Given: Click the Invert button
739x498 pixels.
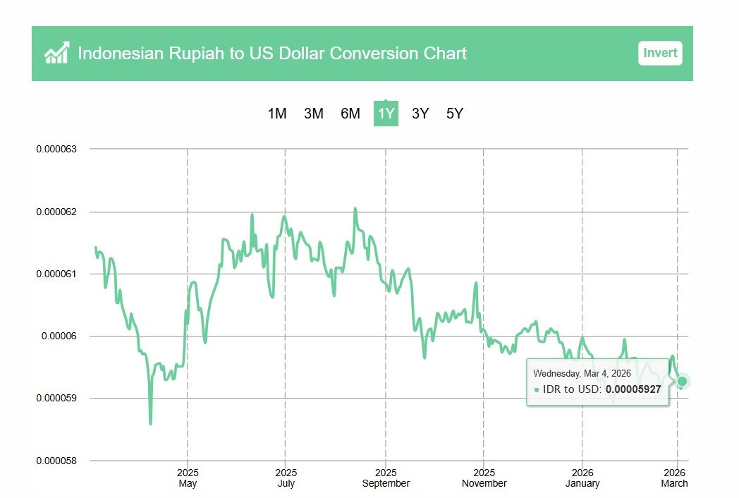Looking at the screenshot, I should coord(660,53).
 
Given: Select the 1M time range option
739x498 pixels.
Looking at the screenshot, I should coord(277,114).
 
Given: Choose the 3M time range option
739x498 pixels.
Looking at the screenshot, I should coord(314,114).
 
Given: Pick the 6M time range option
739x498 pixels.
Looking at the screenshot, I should coord(350,114).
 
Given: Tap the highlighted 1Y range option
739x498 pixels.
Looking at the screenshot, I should coord(386,114).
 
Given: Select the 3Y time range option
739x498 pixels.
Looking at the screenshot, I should coord(420,114).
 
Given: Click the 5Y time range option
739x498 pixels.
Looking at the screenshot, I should coord(455,114).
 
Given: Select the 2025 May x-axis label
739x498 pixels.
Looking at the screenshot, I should coord(188,478).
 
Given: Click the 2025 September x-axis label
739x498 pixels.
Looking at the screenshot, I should coord(386,478).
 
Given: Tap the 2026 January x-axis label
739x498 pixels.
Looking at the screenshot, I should coord(582,478).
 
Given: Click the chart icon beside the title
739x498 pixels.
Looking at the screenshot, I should coord(56,53).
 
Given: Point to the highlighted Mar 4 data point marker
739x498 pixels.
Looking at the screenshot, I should coord(682,382).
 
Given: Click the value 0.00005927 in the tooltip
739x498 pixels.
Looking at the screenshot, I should coord(633,389).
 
